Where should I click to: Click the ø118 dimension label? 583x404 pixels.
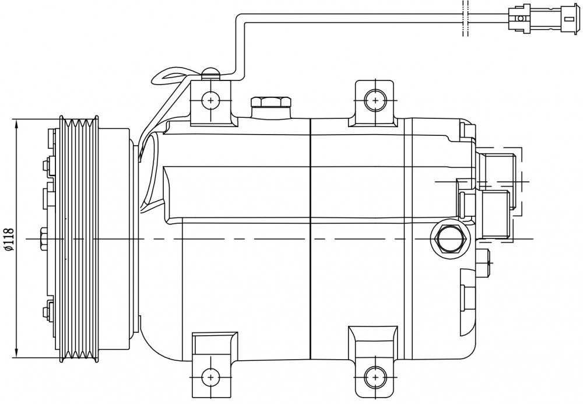point(9,239)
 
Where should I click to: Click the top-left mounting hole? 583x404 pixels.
point(211,100)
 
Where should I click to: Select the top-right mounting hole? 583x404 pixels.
point(375,100)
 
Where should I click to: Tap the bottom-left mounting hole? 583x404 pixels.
point(211,377)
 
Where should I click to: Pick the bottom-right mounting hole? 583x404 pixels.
point(375,377)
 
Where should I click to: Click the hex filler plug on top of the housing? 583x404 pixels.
point(271,103)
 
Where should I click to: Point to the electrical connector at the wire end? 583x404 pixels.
point(543,18)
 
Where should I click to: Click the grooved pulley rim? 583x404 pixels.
point(79,238)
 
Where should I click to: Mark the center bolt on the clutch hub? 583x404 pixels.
point(43,238)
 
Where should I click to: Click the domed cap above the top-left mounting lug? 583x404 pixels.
point(210,74)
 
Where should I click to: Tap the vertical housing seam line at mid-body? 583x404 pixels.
point(310,238)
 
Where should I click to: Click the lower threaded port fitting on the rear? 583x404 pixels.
point(495,214)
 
